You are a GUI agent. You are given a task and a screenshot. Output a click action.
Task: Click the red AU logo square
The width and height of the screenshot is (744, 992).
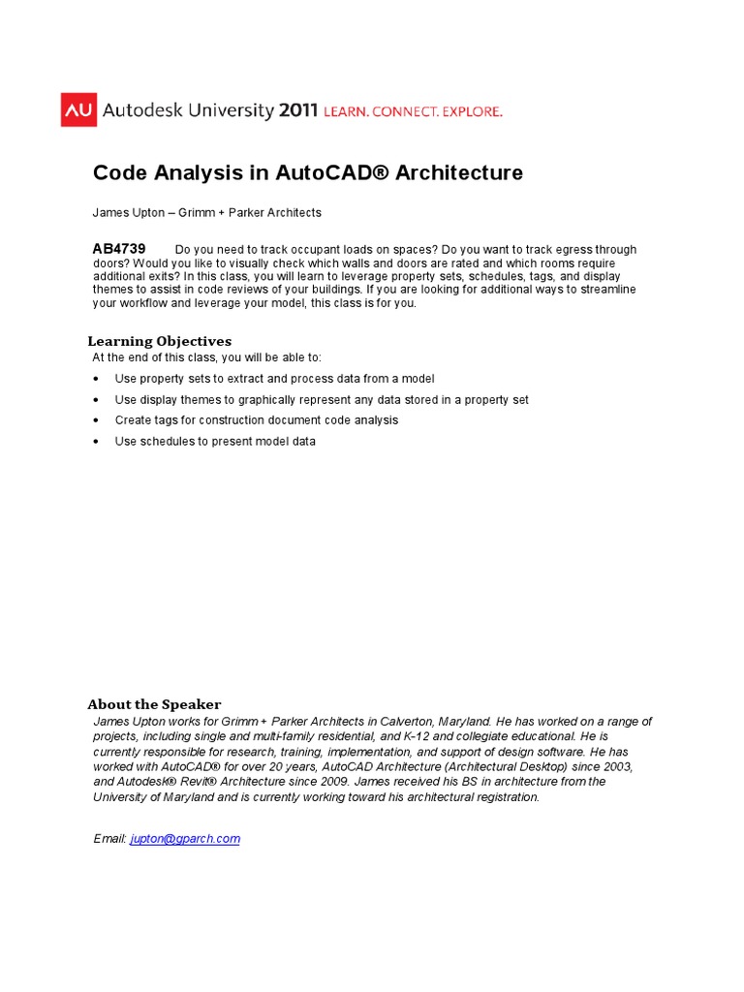[77, 110]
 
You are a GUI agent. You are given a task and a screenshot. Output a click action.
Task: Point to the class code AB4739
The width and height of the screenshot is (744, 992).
[119, 249]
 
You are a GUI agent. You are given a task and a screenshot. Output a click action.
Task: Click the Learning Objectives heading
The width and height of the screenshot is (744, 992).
[160, 341]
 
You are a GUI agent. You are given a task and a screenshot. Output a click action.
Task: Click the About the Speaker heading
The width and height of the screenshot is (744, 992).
[154, 704]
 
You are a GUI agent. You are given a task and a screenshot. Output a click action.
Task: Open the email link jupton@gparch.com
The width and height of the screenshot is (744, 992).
[184, 839]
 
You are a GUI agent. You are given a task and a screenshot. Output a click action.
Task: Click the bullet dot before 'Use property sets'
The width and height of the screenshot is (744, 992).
[96, 379]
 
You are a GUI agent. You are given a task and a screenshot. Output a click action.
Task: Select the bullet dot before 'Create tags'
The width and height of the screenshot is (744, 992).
[96, 420]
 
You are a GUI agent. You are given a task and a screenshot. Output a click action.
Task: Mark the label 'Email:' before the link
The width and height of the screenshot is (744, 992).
[109, 839]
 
